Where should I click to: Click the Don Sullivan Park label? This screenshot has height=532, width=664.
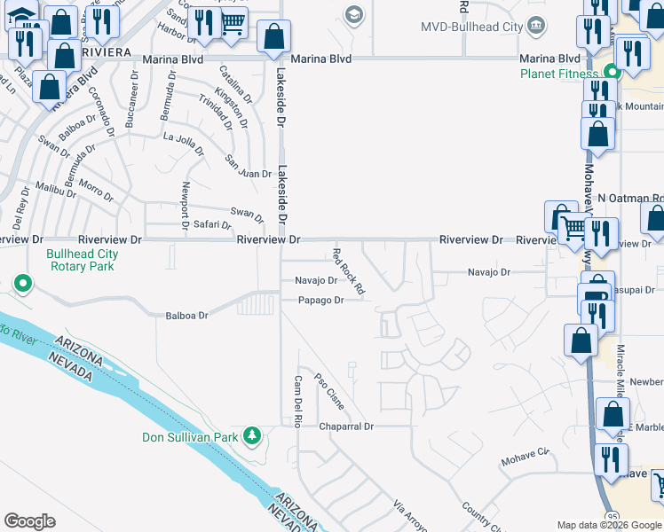pyautogui.click(x=190, y=437)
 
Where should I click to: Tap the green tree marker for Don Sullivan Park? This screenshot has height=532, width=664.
pyautogui.click(x=253, y=434)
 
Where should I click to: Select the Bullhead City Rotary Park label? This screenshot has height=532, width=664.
pyautogui.click(x=83, y=260)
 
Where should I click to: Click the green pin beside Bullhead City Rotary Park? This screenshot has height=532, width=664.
pyautogui.click(x=23, y=284)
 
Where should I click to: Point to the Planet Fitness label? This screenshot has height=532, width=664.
pyautogui.click(x=559, y=74)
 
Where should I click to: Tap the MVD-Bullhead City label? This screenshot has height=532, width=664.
pyautogui.click(x=477, y=27)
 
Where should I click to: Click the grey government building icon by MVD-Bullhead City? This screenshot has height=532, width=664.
pyautogui.click(x=536, y=25)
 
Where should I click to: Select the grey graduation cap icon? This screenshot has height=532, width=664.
pyautogui.click(x=354, y=15)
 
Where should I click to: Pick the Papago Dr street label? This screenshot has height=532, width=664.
pyautogui.click(x=320, y=301)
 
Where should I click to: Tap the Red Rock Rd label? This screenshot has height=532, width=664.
pyautogui.click(x=348, y=271)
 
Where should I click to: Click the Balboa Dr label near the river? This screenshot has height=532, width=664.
pyautogui.click(x=186, y=316)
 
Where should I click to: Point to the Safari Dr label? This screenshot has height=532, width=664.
pyautogui.click(x=213, y=225)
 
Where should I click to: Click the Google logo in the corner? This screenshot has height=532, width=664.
pyautogui.click(x=29, y=521)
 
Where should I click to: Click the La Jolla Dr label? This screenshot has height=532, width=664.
pyautogui.click(x=186, y=137)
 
